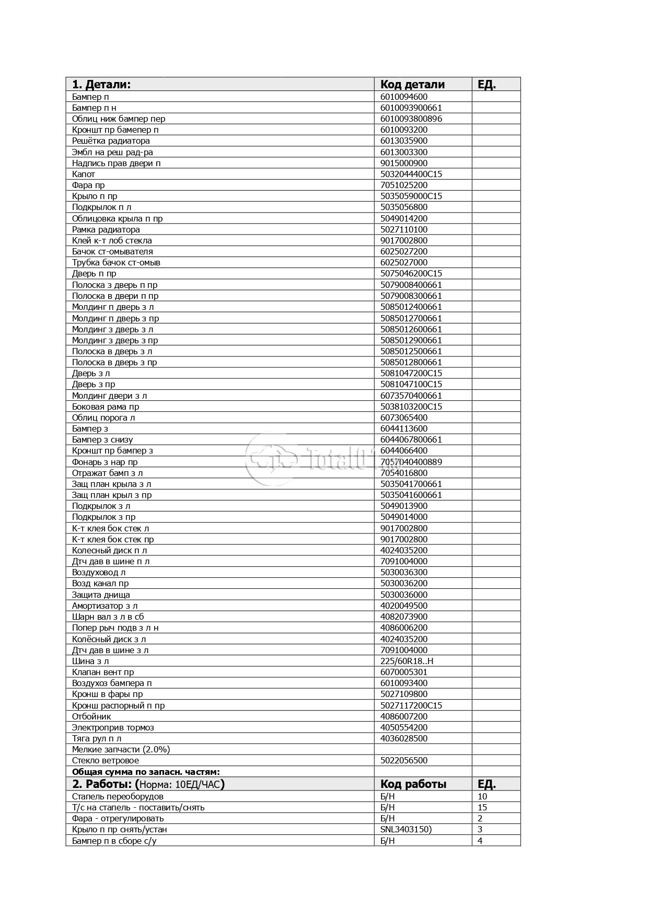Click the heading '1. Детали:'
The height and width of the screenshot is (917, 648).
(x=101, y=84)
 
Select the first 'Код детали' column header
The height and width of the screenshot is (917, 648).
(x=412, y=84)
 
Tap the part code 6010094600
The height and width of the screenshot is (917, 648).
(x=403, y=97)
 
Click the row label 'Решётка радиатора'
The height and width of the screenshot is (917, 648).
(x=111, y=141)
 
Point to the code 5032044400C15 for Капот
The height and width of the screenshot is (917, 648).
(x=411, y=174)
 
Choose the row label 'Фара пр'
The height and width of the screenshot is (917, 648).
(x=88, y=185)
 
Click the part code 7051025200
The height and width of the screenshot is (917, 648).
(x=403, y=185)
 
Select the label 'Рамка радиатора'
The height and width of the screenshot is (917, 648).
(x=106, y=229)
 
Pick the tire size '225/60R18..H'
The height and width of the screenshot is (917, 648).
(x=407, y=661)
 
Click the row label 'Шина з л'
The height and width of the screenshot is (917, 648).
(x=90, y=661)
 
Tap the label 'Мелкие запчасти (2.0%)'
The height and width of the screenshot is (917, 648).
(x=121, y=749)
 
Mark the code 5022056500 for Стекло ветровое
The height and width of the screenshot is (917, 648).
(x=403, y=760)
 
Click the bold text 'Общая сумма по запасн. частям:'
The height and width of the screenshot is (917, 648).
(x=146, y=772)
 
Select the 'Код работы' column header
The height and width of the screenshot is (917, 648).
(x=413, y=784)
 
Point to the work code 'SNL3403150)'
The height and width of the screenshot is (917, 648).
(x=406, y=829)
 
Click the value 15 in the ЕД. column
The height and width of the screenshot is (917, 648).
(x=482, y=807)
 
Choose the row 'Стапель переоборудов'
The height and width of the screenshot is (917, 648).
(x=118, y=796)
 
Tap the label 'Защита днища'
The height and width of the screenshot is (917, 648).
(x=101, y=595)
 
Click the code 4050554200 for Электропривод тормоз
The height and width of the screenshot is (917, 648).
(x=403, y=727)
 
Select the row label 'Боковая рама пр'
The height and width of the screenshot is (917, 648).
(x=106, y=407)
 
